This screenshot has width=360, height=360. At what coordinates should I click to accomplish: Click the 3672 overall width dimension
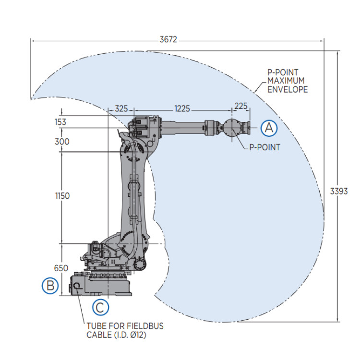pyautogui.click(x=168, y=40)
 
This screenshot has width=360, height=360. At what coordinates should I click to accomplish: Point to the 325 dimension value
pyautogui.click(x=121, y=109)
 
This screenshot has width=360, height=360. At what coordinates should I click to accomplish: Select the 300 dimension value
pyautogui.click(x=62, y=142)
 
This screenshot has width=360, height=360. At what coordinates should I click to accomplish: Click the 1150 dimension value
pyautogui.click(x=62, y=196)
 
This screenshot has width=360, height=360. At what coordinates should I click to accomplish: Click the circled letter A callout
pyautogui.click(x=269, y=128)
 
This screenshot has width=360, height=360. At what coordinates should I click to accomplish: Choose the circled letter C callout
pyautogui.click(x=100, y=307)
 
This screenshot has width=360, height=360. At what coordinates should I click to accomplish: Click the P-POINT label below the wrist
pyautogui.click(x=264, y=147)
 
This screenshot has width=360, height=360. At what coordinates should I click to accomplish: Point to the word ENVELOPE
pyautogui.click(x=288, y=90)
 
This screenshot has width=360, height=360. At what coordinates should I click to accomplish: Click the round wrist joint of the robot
pyautogui.click(x=234, y=128)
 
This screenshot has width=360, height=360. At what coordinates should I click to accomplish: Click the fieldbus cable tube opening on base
pyautogui.click(x=77, y=287)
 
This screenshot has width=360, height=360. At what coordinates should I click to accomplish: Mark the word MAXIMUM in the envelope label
pyautogui.click(x=283, y=81)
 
